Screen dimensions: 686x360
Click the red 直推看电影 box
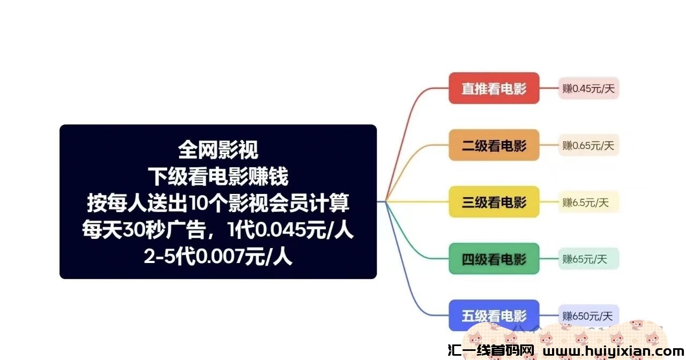tap(494, 88)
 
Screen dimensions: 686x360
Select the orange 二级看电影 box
tap(494, 145)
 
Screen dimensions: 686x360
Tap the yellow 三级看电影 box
tap(494, 202)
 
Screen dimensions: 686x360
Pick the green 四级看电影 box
tap(494, 259)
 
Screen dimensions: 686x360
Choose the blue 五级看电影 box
tap(494, 316)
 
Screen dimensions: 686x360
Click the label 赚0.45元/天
tap(588, 88)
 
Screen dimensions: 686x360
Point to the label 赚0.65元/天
tap(588, 145)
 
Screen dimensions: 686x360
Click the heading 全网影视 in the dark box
tap(218, 150)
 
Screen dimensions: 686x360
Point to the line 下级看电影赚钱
tap(218, 177)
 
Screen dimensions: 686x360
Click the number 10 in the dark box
tap(199, 203)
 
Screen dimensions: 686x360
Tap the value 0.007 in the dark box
tap(220, 257)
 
